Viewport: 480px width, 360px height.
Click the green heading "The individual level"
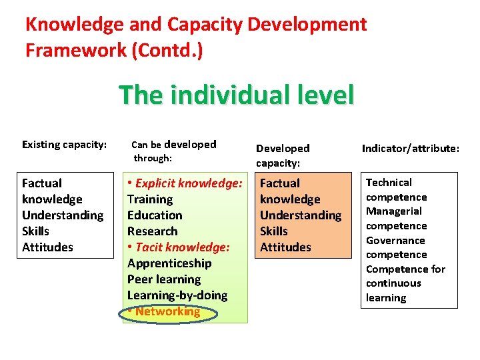pos(236,95)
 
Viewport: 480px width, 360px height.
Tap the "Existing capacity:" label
pos(64,144)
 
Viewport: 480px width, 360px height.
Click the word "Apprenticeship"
pos(169,263)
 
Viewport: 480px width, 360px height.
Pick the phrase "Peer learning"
pos(164,279)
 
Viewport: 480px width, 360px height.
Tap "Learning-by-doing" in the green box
pos(177,295)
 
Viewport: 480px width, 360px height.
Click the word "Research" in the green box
pos(153,231)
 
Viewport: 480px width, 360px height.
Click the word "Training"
pos(150,199)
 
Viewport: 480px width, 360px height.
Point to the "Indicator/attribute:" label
pos(411,149)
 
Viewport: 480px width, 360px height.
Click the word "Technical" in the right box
pos(389,183)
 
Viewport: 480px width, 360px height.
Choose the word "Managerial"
pos(393,211)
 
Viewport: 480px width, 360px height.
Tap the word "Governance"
pos(395,241)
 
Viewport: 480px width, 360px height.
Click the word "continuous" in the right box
pos(393,283)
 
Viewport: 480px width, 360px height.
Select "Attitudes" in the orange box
pos(285,247)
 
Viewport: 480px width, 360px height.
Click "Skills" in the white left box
pos(36,231)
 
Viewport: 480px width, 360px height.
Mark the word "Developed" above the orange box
pos(283,149)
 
